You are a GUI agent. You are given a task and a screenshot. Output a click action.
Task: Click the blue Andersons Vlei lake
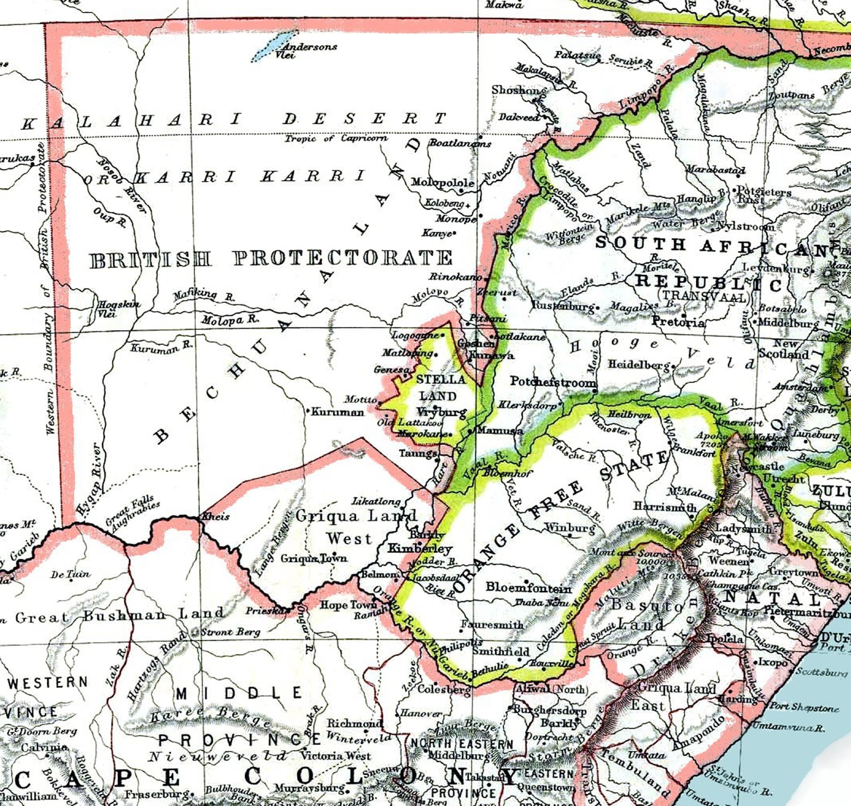point(273,46)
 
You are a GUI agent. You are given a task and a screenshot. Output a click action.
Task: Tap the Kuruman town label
point(338,412)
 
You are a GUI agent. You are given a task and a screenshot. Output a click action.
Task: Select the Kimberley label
point(420,548)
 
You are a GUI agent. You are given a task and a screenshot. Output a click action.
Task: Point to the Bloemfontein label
point(529,588)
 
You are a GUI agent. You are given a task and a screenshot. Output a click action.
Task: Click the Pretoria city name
point(678,322)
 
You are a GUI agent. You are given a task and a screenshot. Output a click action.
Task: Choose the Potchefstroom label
point(553,382)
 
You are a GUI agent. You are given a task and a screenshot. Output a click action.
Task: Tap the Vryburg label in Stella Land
point(441,412)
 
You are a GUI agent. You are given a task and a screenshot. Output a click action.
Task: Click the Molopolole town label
point(443,183)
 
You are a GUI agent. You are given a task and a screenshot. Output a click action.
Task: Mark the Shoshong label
point(519,90)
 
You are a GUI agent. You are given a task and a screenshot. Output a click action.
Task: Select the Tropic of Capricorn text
point(336,138)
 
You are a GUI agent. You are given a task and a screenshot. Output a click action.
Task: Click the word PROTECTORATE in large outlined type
point(343,258)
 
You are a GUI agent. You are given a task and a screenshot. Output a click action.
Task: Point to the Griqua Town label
point(314,558)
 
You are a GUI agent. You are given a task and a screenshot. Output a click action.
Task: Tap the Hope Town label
point(348,604)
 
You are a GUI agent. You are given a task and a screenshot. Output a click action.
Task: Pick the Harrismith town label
point(664,507)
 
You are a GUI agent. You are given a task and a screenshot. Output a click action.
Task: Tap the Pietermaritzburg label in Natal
point(807,611)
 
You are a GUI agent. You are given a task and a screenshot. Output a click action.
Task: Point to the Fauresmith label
point(492,625)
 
